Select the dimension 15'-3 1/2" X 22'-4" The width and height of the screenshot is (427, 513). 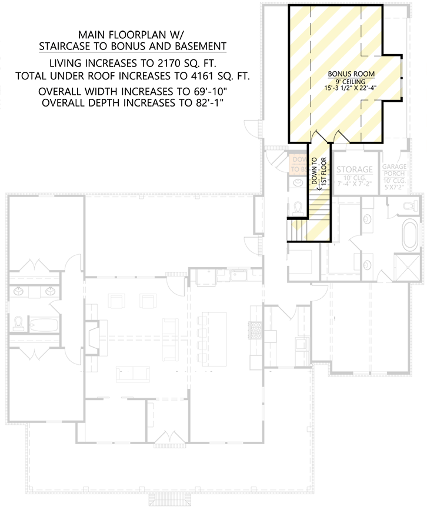click(348, 89)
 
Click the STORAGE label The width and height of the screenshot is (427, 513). click(355, 169)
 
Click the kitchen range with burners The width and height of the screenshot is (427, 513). click(254, 330)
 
